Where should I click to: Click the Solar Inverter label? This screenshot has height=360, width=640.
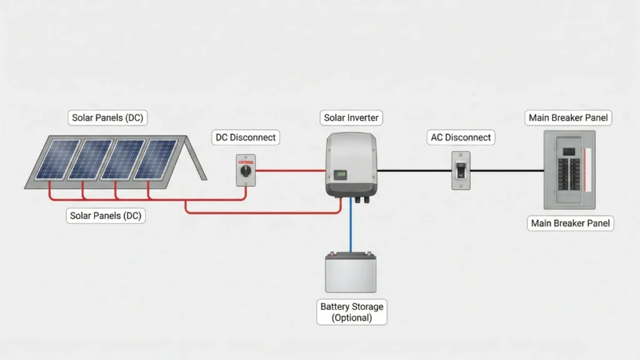(x=351, y=117)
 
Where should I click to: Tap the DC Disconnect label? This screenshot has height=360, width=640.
(x=245, y=137)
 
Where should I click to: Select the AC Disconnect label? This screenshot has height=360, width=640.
(x=461, y=137)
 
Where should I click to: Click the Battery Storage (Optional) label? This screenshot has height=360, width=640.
(x=352, y=312)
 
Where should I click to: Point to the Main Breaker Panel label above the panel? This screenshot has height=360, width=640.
(x=568, y=117)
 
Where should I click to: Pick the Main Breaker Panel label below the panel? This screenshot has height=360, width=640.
(x=571, y=223)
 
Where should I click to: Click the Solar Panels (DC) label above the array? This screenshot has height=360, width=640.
(x=109, y=117)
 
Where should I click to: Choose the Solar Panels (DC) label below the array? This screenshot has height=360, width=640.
(x=106, y=216)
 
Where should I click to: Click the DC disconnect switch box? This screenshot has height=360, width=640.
(x=246, y=170)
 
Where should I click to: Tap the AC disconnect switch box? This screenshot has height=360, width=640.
(x=461, y=171)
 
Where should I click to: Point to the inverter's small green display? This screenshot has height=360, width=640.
(x=340, y=174)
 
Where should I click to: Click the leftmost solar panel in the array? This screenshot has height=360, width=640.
(x=57, y=159)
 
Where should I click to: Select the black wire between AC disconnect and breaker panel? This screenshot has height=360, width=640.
(x=506, y=170)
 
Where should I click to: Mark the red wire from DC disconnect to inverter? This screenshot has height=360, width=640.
(x=290, y=170)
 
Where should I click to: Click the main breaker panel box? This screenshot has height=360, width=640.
(x=569, y=169)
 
